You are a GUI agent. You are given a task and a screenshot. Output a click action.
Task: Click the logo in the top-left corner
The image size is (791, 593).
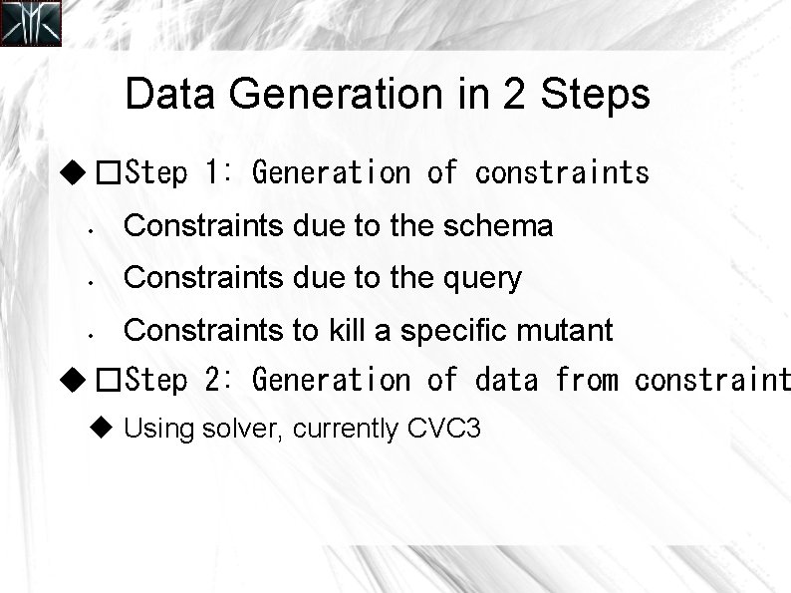tap(31, 24)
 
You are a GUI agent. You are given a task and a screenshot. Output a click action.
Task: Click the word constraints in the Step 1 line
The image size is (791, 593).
tap(562, 173)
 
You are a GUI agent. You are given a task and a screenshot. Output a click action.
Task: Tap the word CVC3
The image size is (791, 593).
tap(444, 430)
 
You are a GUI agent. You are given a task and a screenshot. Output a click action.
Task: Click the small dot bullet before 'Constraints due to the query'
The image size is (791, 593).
tap(89, 282)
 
